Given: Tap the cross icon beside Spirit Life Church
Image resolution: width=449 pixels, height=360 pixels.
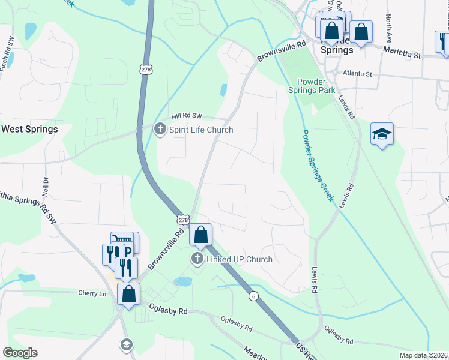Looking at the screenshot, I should (160, 129).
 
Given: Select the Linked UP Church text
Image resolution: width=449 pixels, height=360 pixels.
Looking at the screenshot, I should (240, 260).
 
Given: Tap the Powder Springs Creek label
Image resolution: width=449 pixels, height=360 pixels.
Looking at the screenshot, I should (318, 165).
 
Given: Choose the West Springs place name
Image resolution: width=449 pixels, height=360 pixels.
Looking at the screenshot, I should (29, 129).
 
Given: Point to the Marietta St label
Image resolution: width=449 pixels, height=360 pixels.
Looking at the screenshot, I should (403, 55).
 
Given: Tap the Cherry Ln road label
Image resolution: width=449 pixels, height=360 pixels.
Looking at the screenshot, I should (92, 293).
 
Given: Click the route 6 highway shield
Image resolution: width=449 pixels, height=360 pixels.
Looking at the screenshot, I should (254, 296).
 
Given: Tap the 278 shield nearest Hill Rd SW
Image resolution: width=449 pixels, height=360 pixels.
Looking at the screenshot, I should (146, 70).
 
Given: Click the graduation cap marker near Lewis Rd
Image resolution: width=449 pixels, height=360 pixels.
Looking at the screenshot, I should (382, 134).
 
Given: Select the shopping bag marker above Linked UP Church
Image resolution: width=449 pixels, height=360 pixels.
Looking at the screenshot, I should (201, 235).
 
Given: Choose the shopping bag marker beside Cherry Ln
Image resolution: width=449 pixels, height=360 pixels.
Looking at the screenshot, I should (128, 295).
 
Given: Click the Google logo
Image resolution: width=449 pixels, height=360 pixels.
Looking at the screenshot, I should (20, 353).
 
